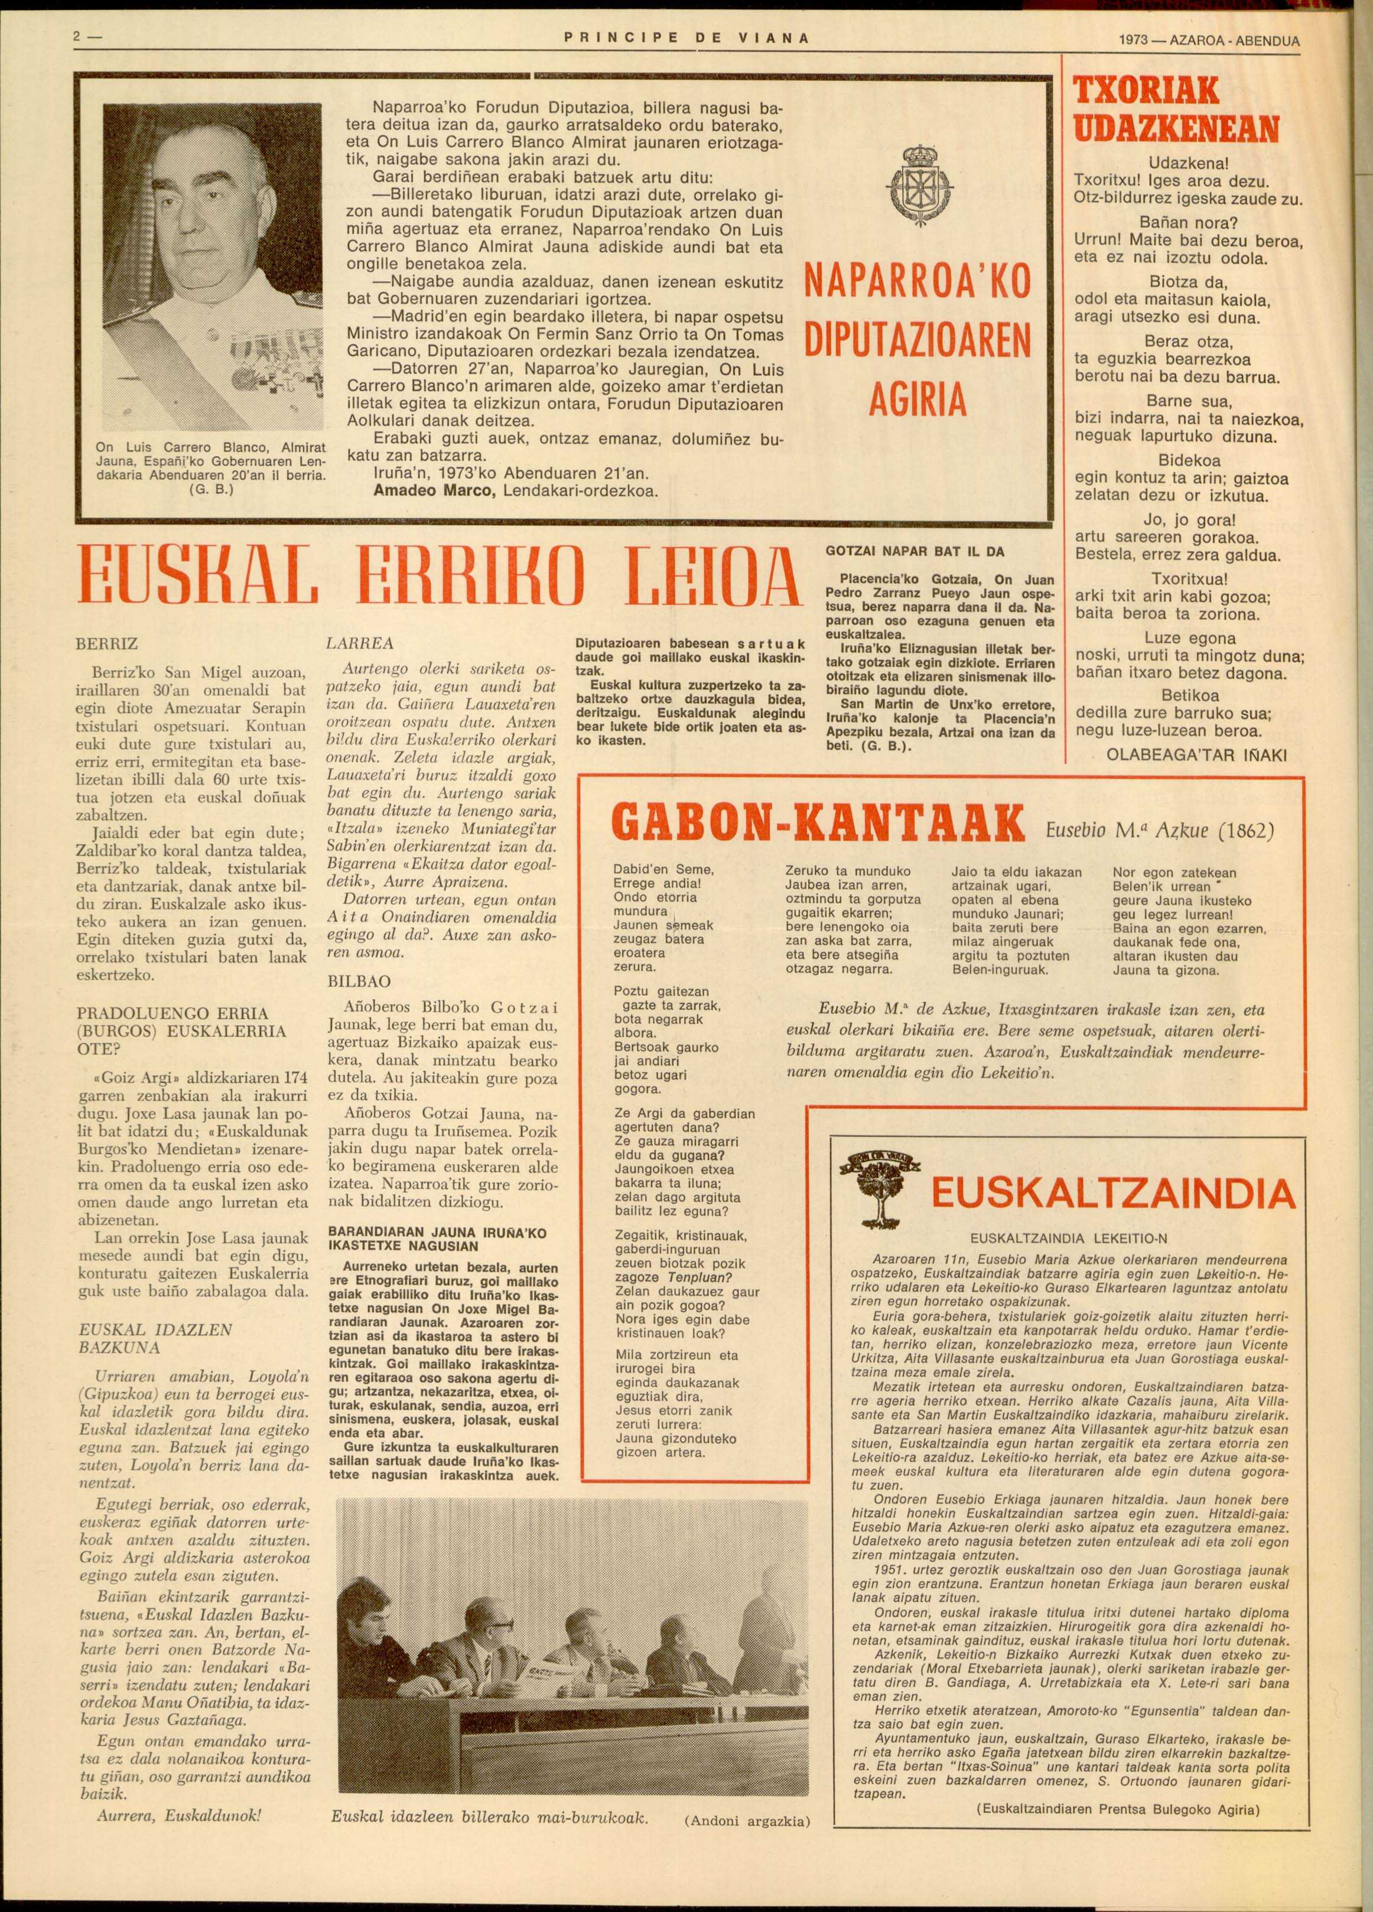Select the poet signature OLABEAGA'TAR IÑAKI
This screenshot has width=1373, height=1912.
1196,755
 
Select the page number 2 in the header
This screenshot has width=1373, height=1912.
77,38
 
